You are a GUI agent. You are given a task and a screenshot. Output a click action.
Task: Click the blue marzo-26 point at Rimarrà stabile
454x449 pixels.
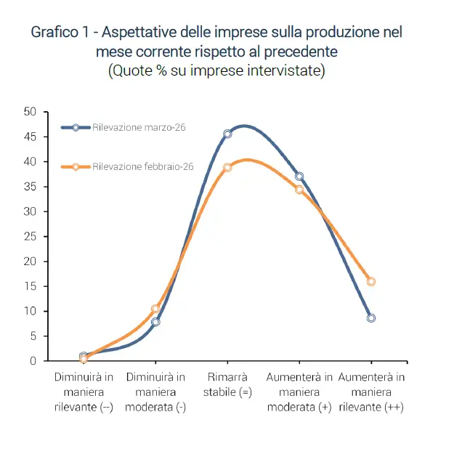point(227,134)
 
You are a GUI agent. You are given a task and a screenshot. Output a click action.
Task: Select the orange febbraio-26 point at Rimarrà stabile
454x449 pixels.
point(227,167)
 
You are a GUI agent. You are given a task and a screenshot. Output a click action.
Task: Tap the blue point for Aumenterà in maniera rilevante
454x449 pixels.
point(371,318)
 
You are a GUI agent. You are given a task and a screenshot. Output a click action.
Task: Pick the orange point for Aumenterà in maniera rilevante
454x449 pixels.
point(371,281)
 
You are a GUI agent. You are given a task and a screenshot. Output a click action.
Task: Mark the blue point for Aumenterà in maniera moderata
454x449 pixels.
point(299,177)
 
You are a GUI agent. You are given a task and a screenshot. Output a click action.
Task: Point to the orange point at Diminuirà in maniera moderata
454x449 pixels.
point(155,309)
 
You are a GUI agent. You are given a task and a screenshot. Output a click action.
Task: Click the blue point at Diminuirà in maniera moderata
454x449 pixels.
point(155,321)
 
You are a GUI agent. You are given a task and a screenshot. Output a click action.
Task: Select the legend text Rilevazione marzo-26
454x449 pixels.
point(139,127)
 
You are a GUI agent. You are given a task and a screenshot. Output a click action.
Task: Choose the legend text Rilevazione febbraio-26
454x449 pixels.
point(143,167)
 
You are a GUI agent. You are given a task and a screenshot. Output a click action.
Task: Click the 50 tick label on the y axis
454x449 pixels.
point(30,112)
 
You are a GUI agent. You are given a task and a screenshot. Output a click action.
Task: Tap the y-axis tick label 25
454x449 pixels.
point(30,236)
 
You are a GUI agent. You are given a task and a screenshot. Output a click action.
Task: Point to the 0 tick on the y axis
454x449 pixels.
point(33,361)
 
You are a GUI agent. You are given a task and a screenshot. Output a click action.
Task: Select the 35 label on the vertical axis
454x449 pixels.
point(30,187)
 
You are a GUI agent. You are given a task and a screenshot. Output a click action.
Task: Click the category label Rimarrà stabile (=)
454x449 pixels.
point(227,385)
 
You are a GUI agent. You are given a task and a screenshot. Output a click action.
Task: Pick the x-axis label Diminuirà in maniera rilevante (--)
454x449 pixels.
point(84,392)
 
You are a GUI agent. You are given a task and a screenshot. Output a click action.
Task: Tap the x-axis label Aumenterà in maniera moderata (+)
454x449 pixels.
point(299,392)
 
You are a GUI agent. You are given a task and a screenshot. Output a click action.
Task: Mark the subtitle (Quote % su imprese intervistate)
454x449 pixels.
point(216,71)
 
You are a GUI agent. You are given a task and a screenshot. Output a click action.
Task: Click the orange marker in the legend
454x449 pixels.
point(76,167)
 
